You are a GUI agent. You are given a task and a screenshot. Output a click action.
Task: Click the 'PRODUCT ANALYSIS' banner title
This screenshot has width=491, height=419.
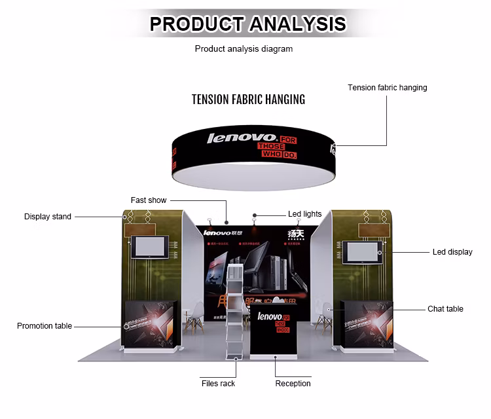[x=247, y=24]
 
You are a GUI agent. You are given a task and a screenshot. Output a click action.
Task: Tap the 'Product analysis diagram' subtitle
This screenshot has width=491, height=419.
[x=244, y=48]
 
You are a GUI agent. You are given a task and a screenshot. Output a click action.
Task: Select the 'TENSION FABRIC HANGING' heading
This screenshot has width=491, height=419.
[x=248, y=100]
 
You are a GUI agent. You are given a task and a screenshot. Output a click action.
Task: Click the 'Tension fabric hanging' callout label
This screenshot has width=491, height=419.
[x=387, y=88]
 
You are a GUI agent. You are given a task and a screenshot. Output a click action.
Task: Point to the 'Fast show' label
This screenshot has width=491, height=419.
[x=149, y=200]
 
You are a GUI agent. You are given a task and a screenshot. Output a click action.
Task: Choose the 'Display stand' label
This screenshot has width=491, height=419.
[x=48, y=217]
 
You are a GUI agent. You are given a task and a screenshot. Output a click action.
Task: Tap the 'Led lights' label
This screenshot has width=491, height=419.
[x=304, y=214]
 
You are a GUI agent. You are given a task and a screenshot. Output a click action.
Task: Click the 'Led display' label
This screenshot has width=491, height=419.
[x=452, y=252]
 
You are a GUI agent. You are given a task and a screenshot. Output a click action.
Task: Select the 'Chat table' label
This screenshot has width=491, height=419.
[x=445, y=309]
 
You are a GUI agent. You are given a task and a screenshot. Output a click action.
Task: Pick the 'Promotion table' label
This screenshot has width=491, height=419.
[x=45, y=326]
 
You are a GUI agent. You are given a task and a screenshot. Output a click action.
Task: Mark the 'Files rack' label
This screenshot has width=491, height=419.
[x=218, y=384]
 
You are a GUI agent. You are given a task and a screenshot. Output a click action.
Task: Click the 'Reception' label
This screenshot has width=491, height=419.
[x=293, y=384]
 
